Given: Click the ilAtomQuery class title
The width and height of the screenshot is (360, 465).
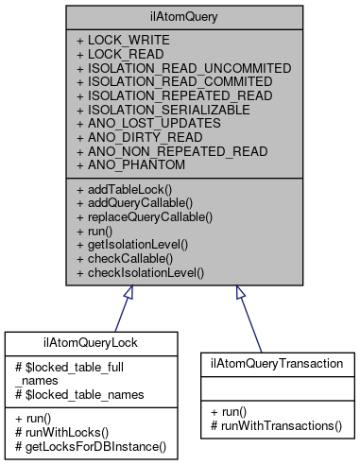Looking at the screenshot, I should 180,15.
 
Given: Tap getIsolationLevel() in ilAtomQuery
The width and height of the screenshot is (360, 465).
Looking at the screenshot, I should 138,245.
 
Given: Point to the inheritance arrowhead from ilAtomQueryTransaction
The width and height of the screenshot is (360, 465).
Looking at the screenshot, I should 237,292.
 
